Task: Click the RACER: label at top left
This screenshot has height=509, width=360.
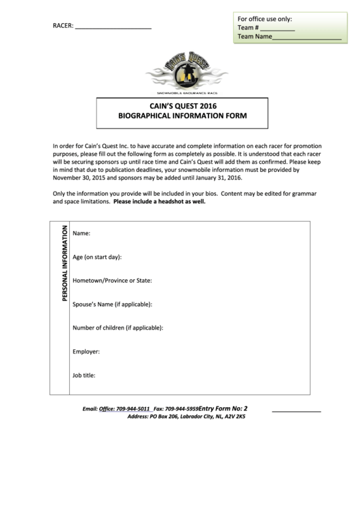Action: pyautogui.click(x=62, y=27)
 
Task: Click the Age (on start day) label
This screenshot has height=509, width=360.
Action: pyautogui.click(x=97, y=258)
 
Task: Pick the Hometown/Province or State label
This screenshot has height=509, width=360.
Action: pyautogui.click(x=112, y=281)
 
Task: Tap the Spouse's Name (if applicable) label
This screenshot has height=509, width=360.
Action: pyautogui.click(x=112, y=304)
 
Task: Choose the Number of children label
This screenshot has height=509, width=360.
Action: pyautogui.click(x=118, y=328)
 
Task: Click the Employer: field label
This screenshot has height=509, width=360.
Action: pyautogui.click(x=86, y=351)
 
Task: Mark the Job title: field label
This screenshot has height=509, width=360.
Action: pyautogui.click(x=84, y=374)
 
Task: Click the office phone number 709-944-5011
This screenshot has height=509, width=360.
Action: pyautogui.click(x=133, y=409)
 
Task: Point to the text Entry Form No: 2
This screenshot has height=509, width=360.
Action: pyautogui.click(x=223, y=408)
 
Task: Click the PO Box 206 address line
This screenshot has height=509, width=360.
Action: pyautogui.click(x=186, y=417)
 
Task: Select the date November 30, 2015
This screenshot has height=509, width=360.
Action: pyautogui.click(x=84, y=177)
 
